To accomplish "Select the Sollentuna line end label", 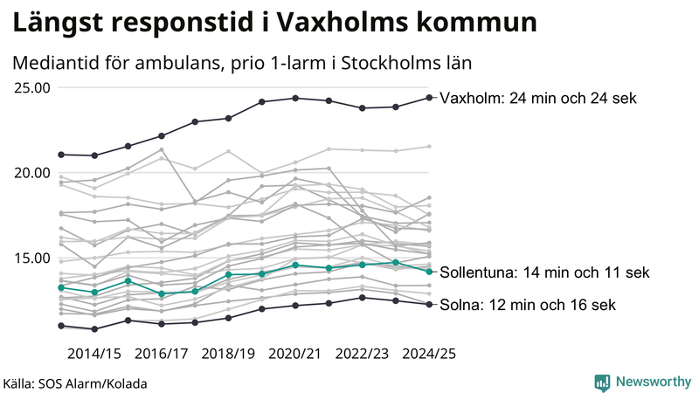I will (x=545, y=272).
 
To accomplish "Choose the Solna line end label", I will (x=528, y=305).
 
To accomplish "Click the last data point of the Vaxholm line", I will (x=429, y=97).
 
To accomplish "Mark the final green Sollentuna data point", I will (x=429, y=272).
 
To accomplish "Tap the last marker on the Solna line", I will (x=429, y=304).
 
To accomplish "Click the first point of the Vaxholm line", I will (x=61, y=155).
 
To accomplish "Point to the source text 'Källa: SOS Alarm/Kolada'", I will (x=75, y=383).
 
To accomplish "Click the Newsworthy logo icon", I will (x=602, y=382).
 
